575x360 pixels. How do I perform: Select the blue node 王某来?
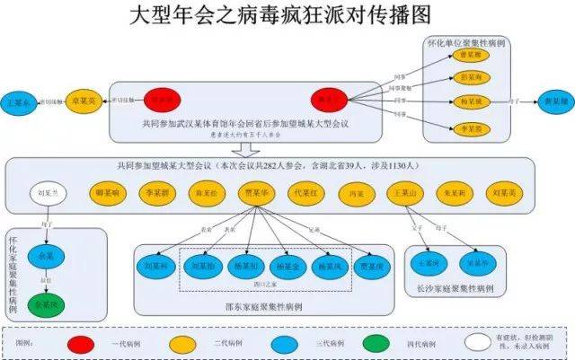pos(20,102)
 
